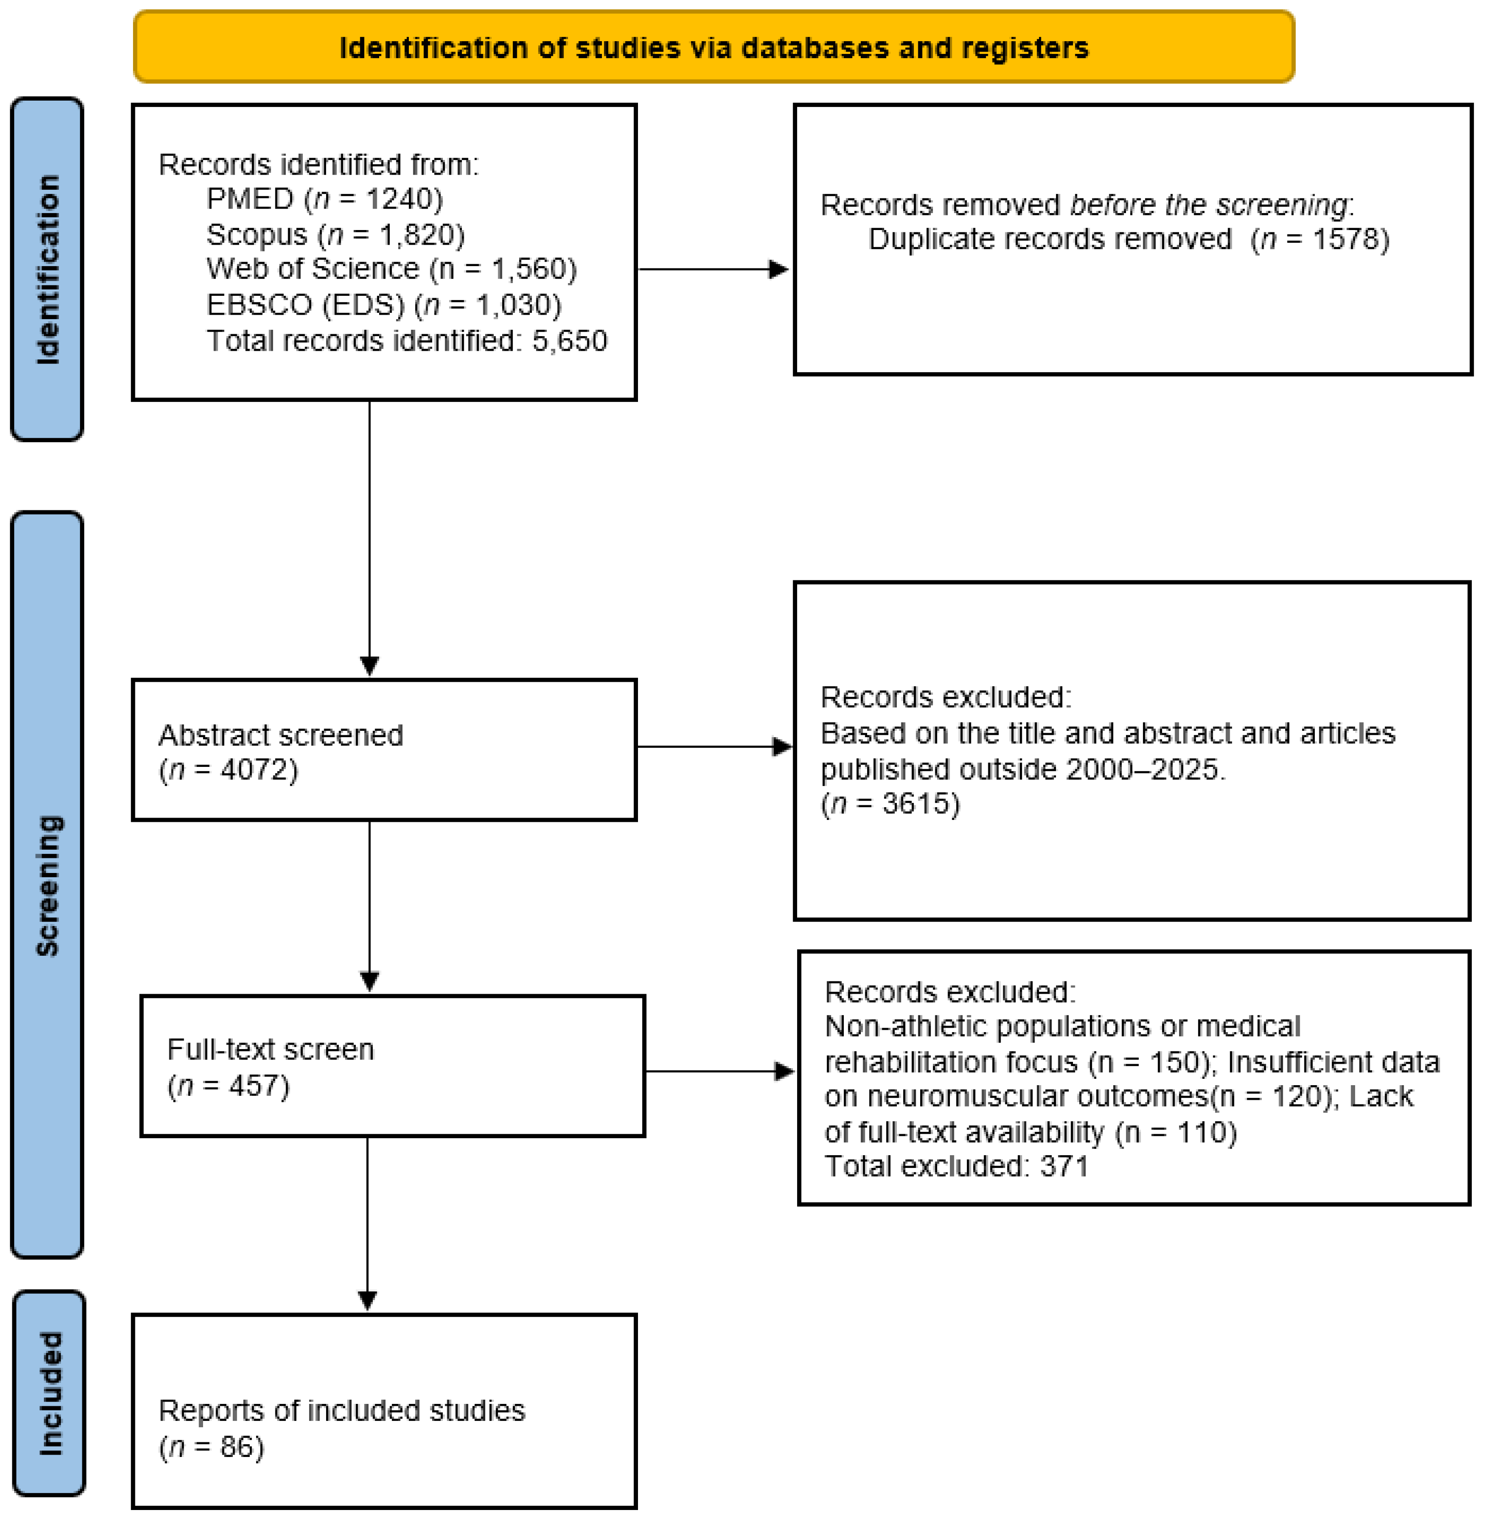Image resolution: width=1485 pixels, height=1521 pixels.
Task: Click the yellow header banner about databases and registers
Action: tap(713, 47)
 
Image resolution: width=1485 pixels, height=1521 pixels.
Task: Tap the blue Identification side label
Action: tap(47, 269)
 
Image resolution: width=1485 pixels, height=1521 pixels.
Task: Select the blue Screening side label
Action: tap(47, 885)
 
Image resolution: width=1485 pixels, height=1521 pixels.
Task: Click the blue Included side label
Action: tap(49, 1394)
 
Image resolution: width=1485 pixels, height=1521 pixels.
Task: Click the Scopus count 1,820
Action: tap(421, 235)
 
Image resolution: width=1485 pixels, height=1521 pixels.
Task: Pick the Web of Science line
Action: tap(391, 269)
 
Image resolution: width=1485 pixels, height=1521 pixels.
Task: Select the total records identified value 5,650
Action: tap(569, 341)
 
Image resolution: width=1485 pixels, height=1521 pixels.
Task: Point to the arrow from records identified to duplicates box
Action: tap(713, 269)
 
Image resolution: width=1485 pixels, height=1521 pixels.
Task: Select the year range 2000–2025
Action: tap(1141, 770)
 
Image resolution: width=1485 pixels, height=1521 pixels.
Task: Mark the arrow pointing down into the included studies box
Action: tap(367, 1299)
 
